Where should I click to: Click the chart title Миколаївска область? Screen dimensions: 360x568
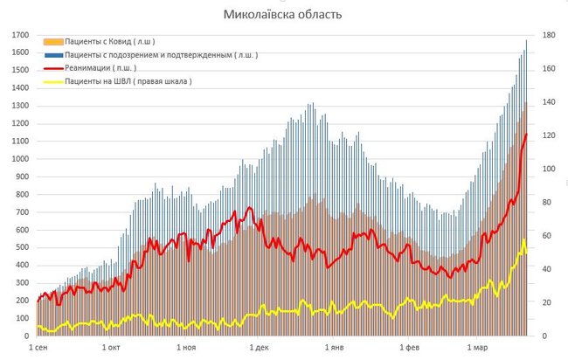point(283,15)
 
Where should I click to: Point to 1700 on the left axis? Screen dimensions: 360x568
point(18,35)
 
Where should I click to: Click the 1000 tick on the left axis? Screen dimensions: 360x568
point(18,159)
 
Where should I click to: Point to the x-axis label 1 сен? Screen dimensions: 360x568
point(38,348)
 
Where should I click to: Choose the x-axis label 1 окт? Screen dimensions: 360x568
point(111,348)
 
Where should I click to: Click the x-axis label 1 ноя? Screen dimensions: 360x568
point(185,348)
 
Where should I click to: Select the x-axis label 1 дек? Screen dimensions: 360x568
point(259,348)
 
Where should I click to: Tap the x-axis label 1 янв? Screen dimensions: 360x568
point(333,348)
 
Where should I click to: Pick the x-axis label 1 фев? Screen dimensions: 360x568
point(407,348)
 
